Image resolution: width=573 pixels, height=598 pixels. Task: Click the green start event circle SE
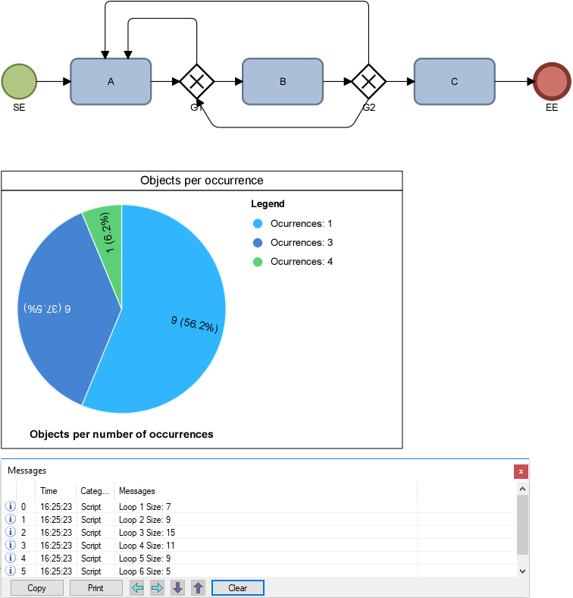click(x=19, y=81)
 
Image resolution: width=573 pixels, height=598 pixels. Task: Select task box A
click(x=111, y=81)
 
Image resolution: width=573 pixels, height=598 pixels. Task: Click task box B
click(x=283, y=81)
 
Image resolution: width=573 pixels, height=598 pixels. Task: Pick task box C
click(x=455, y=81)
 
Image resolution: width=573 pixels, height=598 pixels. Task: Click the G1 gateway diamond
click(x=197, y=81)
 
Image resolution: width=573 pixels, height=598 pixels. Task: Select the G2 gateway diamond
click(x=369, y=81)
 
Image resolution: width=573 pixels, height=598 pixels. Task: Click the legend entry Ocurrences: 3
click(x=301, y=243)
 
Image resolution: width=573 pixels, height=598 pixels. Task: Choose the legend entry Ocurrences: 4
click(x=301, y=262)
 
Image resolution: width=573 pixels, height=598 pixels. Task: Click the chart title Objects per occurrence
click(x=202, y=181)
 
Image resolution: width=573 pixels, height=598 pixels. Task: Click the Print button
click(x=95, y=588)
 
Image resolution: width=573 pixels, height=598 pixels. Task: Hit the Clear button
click(x=237, y=588)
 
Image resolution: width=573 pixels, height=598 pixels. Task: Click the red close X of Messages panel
click(x=521, y=471)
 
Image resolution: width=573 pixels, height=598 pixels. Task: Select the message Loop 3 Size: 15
click(x=147, y=533)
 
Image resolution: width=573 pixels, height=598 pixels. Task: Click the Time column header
click(x=49, y=491)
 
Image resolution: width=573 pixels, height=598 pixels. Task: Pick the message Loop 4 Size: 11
click(x=147, y=546)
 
